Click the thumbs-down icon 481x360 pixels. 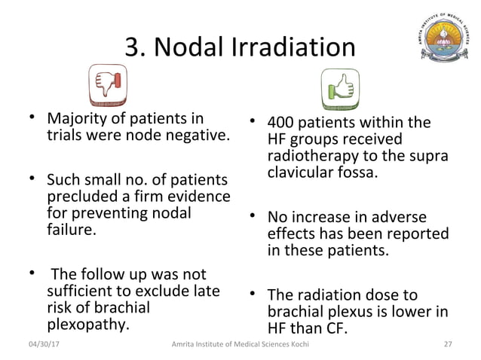point(108,84)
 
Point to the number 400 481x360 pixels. point(283,122)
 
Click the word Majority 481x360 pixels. point(76,119)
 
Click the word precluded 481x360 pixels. point(78,197)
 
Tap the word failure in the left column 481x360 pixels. point(72,230)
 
